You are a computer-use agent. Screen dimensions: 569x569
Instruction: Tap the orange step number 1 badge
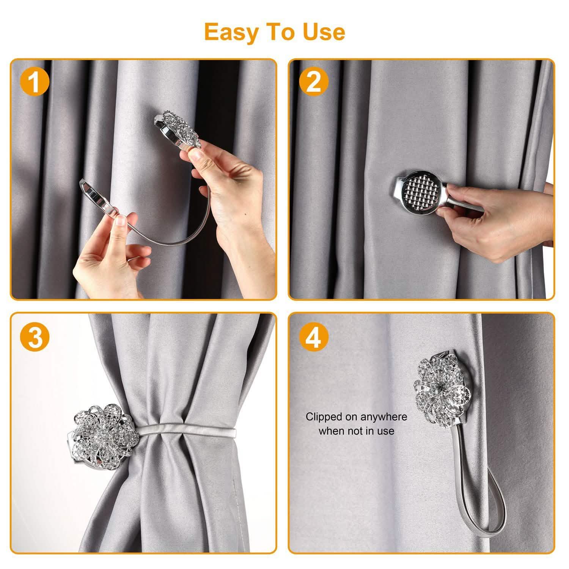(x=35, y=83)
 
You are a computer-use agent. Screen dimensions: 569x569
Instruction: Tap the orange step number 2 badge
(x=313, y=82)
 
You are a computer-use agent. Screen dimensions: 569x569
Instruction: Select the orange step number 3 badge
(x=35, y=337)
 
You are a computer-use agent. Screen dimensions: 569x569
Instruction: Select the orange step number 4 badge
(x=313, y=337)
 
